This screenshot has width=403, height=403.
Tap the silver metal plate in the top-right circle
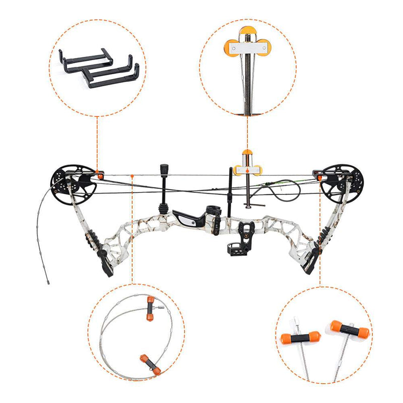(x=247, y=49)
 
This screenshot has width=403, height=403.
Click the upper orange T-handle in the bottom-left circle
(x=150, y=308)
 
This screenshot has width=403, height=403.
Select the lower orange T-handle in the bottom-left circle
(x=150, y=364)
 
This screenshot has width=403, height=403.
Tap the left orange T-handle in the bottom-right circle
(x=299, y=337)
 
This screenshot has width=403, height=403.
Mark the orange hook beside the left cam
(x=100, y=175)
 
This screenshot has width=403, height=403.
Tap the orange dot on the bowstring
(x=131, y=176)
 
